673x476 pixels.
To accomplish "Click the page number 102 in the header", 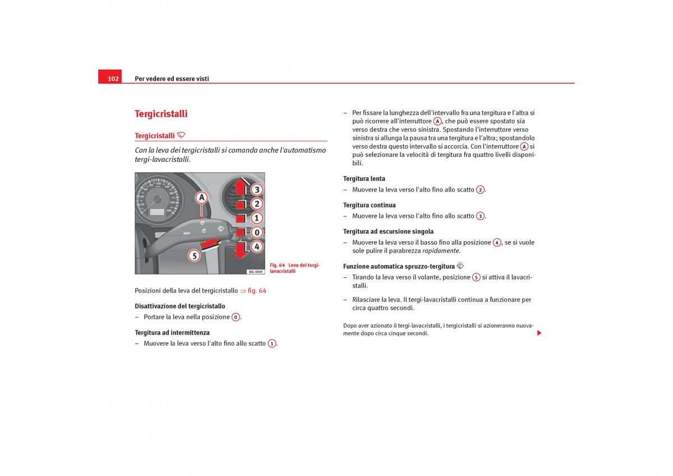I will pos(113,79).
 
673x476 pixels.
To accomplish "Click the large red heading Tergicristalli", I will pos(161,114).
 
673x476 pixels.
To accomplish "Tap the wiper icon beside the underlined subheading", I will pos(181,135).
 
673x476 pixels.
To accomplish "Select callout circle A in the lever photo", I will pos(201,198).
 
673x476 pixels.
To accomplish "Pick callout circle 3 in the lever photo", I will pos(256,190).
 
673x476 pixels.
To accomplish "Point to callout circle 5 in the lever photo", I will pos(193,256).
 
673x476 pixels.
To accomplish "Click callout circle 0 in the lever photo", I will pos(256,232).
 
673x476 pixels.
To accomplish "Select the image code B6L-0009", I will pos(255,271).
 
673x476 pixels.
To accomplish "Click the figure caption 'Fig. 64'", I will pos(278,265).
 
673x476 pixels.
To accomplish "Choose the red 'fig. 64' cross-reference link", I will pos(256,291).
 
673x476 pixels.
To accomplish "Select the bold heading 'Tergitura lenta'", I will pos(364,178).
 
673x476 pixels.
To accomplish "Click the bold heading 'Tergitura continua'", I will pos(369,205).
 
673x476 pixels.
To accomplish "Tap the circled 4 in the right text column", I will pos(496,242).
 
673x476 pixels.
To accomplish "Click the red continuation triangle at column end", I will pos(539,333).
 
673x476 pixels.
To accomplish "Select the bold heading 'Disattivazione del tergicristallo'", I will pos(180,306).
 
